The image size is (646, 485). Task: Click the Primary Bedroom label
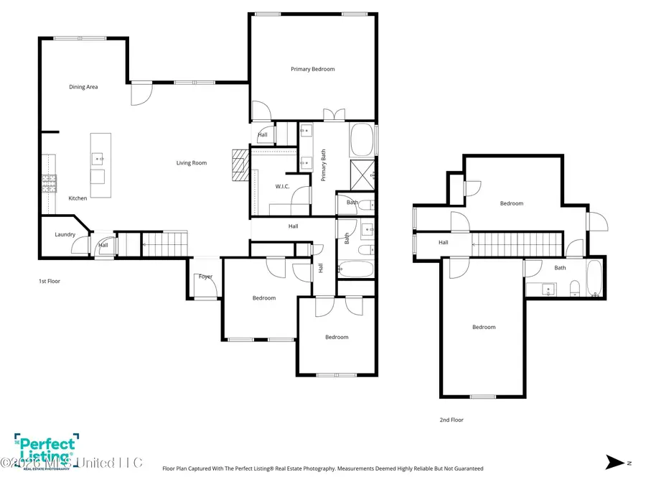pyautogui.click(x=312, y=69)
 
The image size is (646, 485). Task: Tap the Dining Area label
pyautogui.click(x=83, y=87)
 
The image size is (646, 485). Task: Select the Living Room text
pyautogui.click(x=192, y=163)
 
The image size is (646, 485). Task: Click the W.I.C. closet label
pyautogui.click(x=282, y=186)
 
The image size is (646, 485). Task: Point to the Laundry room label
pyautogui.click(x=65, y=234)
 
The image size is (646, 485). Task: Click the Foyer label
pyautogui.click(x=206, y=277)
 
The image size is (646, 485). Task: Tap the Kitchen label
pyautogui.click(x=78, y=198)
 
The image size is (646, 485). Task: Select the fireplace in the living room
pyautogui.click(x=239, y=167)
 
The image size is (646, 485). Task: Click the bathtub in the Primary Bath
pyautogui.click(x=362, y=140)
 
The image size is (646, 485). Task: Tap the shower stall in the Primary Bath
pyautogui.click(x=362, y=174)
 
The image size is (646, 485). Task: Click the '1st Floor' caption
pyautogui.click(x=50, y=281)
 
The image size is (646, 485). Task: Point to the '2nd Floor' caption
pyautogui.click(x=451, y=420)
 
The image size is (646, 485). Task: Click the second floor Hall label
pyautogui.click(x=444, y=243)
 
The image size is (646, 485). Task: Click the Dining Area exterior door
pyautogui.click(x=141, y=93)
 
